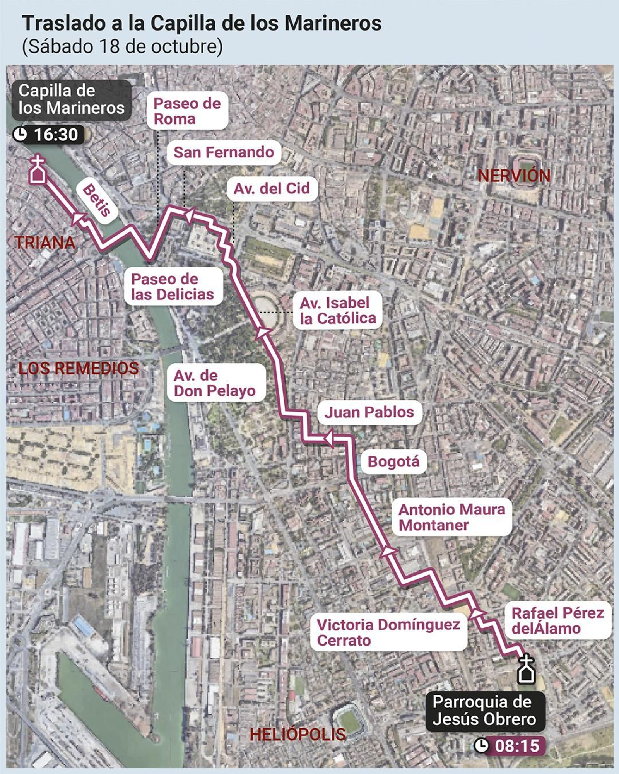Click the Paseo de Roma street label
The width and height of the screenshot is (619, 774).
click(187, 111)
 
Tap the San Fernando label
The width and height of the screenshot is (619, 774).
click(224, 152)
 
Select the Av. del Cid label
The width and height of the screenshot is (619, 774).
click(272, 188)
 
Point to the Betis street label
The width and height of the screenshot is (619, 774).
click(97, 200)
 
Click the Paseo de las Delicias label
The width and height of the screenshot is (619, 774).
click(173, 287)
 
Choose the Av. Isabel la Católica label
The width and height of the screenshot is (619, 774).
click(338, 310)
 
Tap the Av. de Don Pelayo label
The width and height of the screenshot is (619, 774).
click(215, 383)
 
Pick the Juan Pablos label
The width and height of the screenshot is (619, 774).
click(369, 412)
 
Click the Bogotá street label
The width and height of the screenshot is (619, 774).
click(393, 461)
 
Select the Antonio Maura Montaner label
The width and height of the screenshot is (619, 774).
click(451, 518)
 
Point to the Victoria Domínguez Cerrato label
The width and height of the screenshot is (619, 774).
click(388, 632)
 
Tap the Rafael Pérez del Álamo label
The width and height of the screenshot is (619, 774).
click(557, 620)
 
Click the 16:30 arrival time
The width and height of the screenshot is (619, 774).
click(56, 134)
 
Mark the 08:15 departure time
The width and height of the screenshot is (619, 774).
click(517, 745)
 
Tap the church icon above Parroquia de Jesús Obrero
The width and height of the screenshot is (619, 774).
click(526, 669)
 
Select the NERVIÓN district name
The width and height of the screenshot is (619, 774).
click(514, 176)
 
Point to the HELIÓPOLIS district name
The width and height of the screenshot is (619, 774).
click(298, 734)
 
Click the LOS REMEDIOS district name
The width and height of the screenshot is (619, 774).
click(79, 368)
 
